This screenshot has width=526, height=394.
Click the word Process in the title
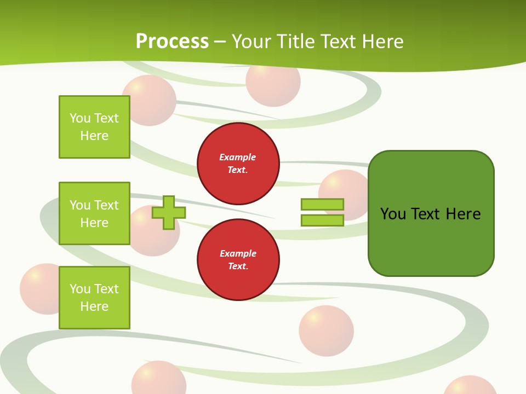point(172,41)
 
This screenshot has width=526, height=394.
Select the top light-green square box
point(94,127)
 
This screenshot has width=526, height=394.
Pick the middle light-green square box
point(94,213)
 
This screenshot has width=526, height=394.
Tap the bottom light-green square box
point(94,298)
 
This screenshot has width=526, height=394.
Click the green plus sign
point(168,212)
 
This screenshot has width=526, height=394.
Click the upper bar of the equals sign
point(322,204)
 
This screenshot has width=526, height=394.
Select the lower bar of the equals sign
point(322,221)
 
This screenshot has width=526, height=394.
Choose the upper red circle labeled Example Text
point(238,164)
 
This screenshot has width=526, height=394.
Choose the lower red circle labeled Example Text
point(238,260)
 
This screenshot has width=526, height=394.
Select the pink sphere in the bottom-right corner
point(469,386)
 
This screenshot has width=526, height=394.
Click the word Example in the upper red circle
point(238,157)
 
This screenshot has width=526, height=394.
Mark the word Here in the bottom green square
point(94,306)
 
